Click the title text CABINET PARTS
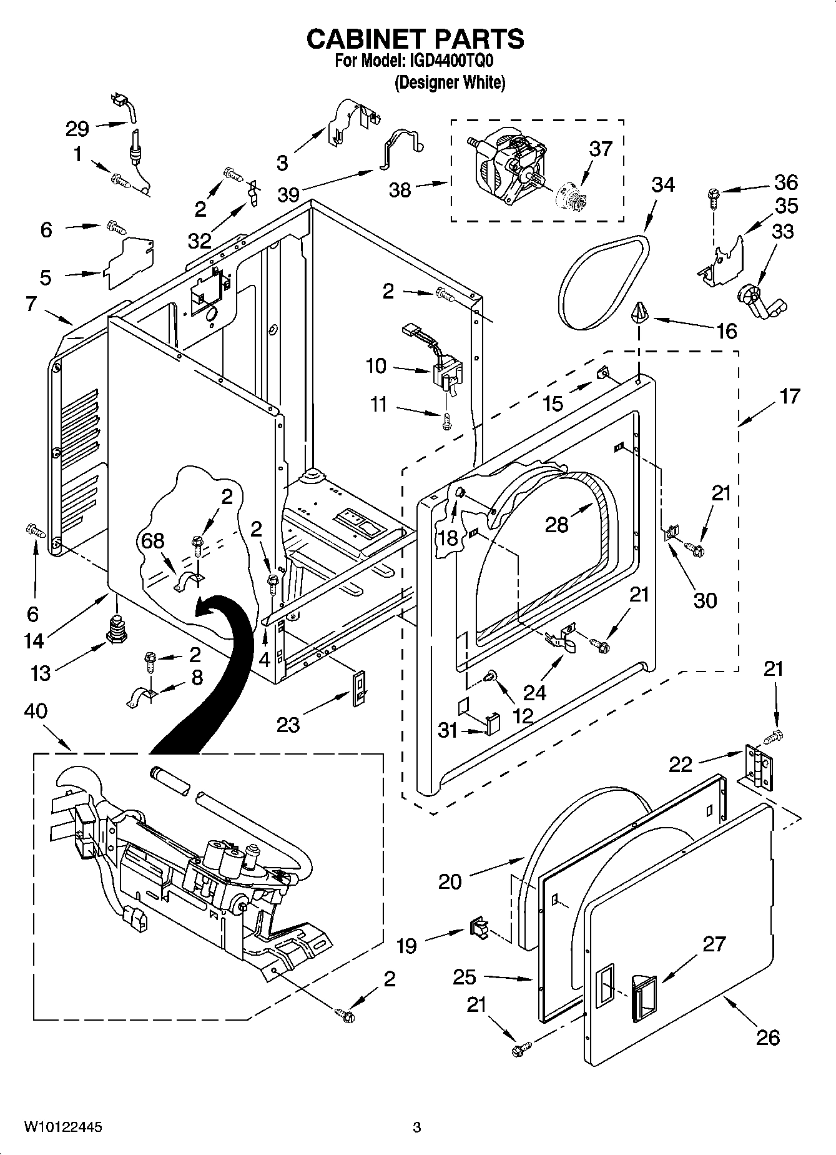click(x=415, y=39)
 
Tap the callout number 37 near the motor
click(x=601, y=149)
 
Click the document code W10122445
click(x=63, y=1128)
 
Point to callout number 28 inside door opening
click(x=556, y=523)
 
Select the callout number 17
click(x=790, y=396)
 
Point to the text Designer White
click(x=450, y=82)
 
